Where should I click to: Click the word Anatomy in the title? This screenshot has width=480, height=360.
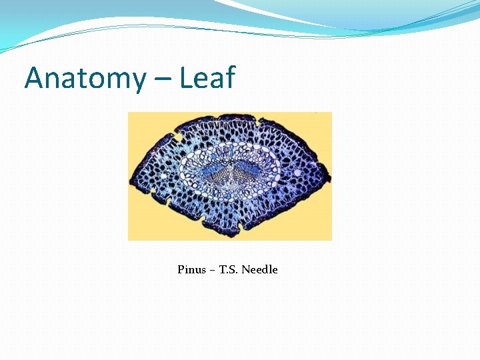point(84,78)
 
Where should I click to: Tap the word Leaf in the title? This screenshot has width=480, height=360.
point(206,78)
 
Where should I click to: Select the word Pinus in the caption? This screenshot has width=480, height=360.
point(192,270)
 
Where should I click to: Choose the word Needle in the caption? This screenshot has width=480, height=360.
point(259,270)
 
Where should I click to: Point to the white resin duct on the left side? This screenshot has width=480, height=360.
point(178,137)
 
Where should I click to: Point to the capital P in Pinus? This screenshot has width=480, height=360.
point(181,270)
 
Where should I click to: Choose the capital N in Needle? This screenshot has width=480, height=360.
point(245,270)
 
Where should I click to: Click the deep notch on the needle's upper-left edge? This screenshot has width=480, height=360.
point(179,137)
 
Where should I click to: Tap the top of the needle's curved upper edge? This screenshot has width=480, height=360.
point(230,115)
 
